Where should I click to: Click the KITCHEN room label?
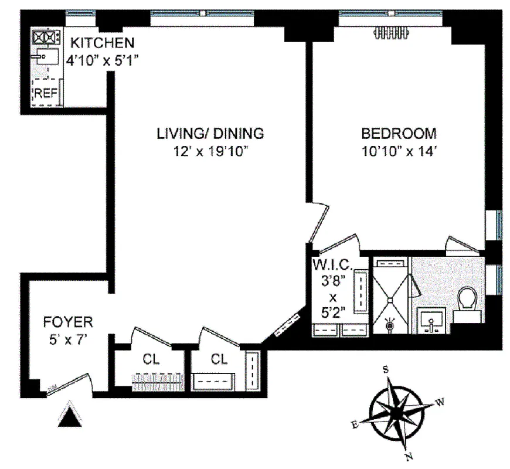click(103, 42)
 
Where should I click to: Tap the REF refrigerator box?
click(45, 92)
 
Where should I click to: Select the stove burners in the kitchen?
click(47, 38)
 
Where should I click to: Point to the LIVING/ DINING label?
click(210, 133)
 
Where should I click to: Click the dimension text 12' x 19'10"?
click(210, 151)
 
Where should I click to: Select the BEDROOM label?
click(399, 133)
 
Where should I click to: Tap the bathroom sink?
click(432, 321)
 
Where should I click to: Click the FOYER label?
click(68, 321)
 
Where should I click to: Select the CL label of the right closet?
click(219, 358)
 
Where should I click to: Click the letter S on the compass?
click(386, 369)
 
